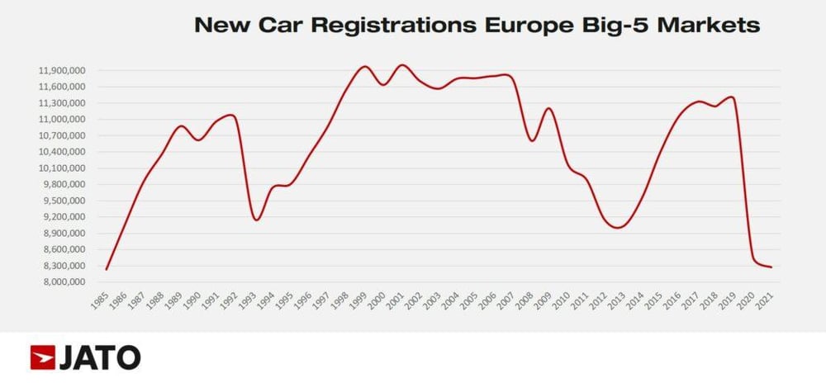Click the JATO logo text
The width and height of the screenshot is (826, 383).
point(100,357)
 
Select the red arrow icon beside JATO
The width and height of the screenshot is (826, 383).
point(43,357)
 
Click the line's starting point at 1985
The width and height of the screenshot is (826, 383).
point(107,269)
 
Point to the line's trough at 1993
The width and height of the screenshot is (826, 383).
point(256,220)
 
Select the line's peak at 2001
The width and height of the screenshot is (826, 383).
point(402,64)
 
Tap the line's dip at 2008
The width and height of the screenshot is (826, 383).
point(531,141)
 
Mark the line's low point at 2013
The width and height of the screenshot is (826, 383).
point(617,228)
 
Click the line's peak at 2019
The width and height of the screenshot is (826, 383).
point(730,97)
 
